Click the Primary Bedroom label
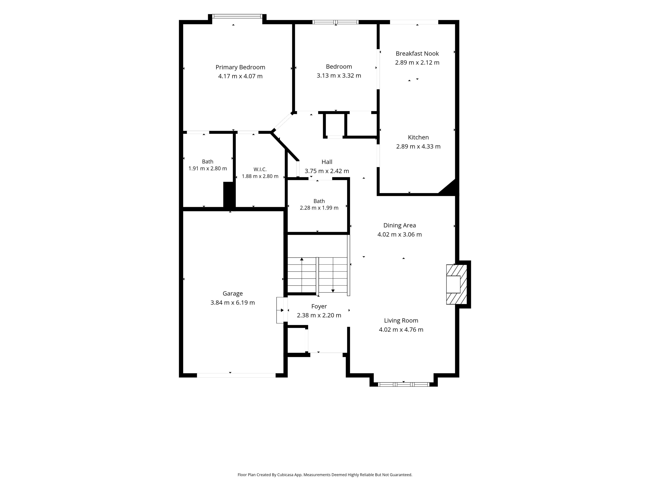click(240, 67)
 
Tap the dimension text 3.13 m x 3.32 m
click(339, 76)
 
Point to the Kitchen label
click(418, 137)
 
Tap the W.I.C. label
click(260, 169)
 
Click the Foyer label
click(319, 307)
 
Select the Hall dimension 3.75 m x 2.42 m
click(327, 171)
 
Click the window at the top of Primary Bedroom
click(237, 16)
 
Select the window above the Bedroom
click(335, 22)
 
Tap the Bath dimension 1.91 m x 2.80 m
click(208, 169)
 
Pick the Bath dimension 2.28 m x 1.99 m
click(319, 208)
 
